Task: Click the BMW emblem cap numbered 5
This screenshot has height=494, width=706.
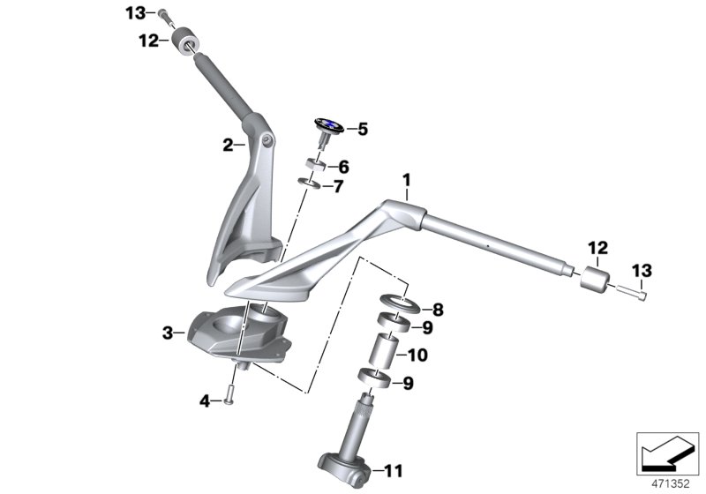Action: pos(329,126)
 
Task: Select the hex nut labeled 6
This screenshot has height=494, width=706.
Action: pos(316,165)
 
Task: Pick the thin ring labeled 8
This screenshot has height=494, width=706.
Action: pos(401,303)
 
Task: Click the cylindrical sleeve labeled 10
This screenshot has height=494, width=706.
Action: pos(383,349)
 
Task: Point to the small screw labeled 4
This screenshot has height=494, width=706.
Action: pos(229,395)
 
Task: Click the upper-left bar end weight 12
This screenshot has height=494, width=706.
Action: pos(184,40)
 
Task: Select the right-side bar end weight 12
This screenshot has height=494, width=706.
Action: pos(594,279)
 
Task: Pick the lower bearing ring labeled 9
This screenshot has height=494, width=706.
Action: pos(374,378)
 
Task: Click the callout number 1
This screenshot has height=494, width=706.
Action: pos(407,181)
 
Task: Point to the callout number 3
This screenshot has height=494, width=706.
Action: pos(168,333)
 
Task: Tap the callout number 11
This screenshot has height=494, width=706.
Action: pos(394,471)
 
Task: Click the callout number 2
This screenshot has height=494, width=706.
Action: pos(228,145)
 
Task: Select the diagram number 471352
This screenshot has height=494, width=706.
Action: pos(671,484)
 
